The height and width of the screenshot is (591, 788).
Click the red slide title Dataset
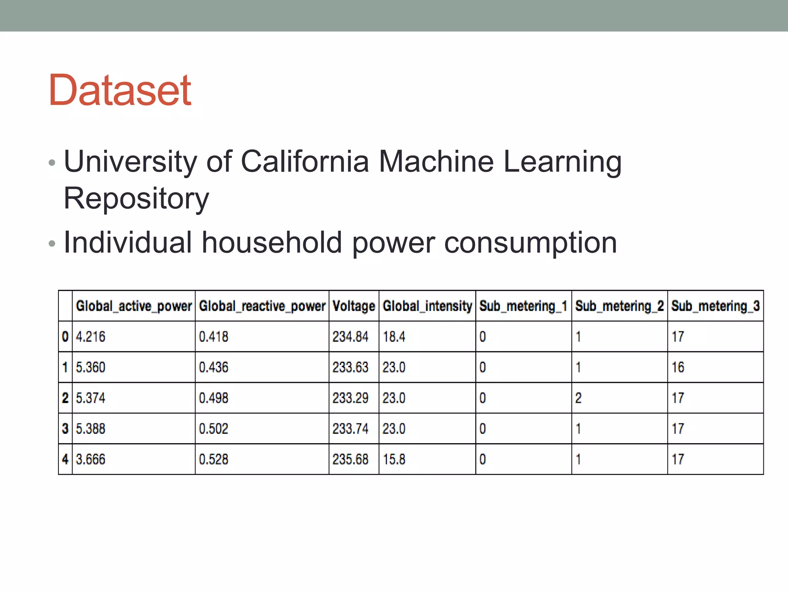pyautogui.click(x=120, y=90)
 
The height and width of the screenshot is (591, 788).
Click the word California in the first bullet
pyautogui.click(x=305, y=162)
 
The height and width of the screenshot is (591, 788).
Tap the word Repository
pyautogui.click(x=136, y=199)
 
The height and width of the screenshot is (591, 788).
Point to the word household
pyautogui.click(x=272, y=243)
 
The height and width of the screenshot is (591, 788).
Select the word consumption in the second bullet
pyautogui.click(x=531, y=244)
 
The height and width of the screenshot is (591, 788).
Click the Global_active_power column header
pyautogui.click(x=134, y=306)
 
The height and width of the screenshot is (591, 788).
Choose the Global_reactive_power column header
pyautogui.click(x=262, y=306)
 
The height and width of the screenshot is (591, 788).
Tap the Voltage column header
pyautogui.click(x=354, y=306)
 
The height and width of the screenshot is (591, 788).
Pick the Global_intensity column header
pyautogui.click(x=427, y=306)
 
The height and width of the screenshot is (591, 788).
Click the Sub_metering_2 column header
pyautogui.click(x=619, y=306)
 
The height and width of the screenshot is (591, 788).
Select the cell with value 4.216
pyautogui.click(x=90, y=337)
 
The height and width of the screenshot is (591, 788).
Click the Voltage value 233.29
pyautogui.click(x=350, y=398)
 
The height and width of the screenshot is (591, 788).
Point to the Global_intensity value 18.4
pyautogui.click(x=394, y=337)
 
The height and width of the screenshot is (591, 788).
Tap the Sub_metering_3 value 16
pyautogui.click(x=678, y=367)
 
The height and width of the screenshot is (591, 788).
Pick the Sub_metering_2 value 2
pyautogui.click(x=578, y=398)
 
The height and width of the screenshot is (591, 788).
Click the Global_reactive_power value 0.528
pyautogui.click(x=214, y=459)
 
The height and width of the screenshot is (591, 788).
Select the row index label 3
pyautogui.click(x=65, y=429)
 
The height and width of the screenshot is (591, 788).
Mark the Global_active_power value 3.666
pyautogui.click(x=90, y=459)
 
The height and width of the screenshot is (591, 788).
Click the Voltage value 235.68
pyautogui.click(x=350, y=459)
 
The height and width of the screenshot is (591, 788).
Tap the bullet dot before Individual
pyautogui.click(x=52, y=244)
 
